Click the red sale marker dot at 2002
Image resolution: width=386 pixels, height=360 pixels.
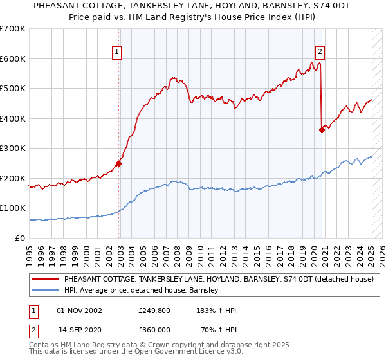[119, 163]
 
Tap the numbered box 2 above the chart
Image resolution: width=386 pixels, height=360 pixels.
[320, 53]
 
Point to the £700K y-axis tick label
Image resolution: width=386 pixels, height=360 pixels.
[13, 29]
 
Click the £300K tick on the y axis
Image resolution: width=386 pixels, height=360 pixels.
[13, 148]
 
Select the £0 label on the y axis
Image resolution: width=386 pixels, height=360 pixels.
[21, 238]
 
